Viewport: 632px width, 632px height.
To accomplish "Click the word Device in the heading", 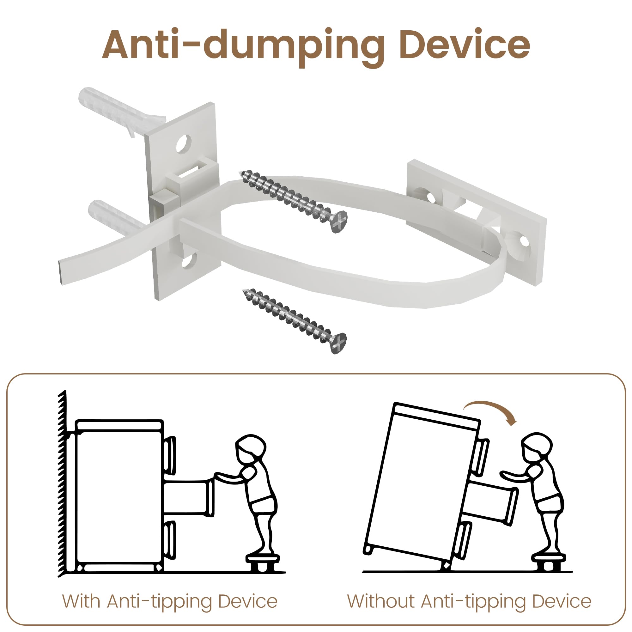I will click(464, 45).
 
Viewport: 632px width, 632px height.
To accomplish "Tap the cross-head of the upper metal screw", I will click(339, 221).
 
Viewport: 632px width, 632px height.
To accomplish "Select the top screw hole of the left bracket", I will click(184, 143).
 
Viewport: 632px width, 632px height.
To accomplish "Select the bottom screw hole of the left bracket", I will click(189, 260).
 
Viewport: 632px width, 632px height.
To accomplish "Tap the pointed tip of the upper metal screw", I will click(242, 174).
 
